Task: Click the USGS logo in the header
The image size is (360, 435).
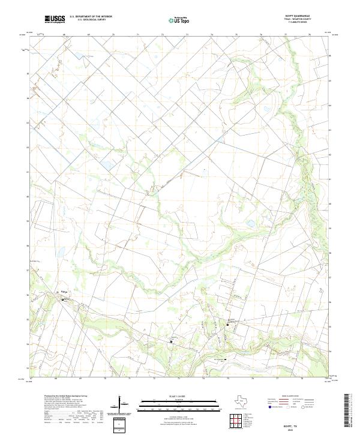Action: click(55, 19)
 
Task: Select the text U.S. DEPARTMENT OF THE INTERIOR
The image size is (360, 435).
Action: click(91, 16)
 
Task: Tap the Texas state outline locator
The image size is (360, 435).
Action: click(245, 401)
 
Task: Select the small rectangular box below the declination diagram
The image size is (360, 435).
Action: click(120, 425)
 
